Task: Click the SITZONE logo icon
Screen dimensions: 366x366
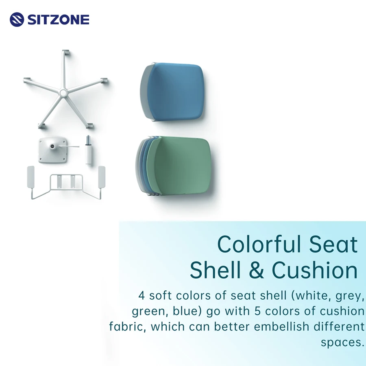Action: click(17, 20)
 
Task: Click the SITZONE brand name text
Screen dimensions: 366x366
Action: click(58, 20)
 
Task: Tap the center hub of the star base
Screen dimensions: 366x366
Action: click(63, 93)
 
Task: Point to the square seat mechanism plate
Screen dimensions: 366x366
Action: click(51, 150)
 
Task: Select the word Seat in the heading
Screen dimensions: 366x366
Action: click(333, 244)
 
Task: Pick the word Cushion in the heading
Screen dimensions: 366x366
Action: click(315, 270)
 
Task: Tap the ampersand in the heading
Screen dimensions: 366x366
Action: click(256, 270)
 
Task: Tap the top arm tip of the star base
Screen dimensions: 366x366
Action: click(65, 53)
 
